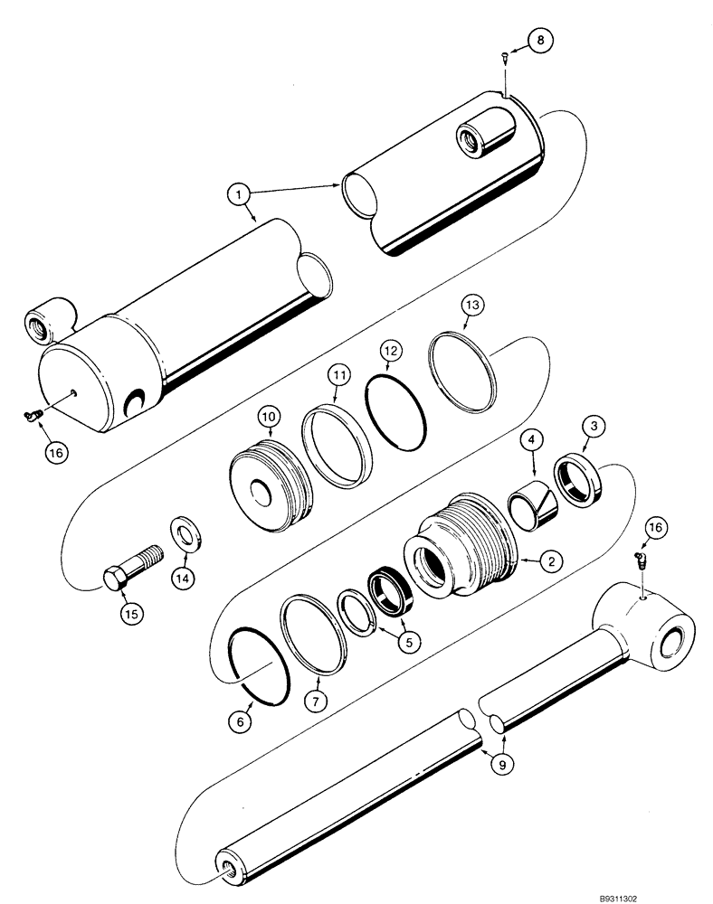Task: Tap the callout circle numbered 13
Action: (473, 306)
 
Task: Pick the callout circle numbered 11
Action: (337, 372)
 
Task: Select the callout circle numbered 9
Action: (500, 763)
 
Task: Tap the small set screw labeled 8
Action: (504, 59)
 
